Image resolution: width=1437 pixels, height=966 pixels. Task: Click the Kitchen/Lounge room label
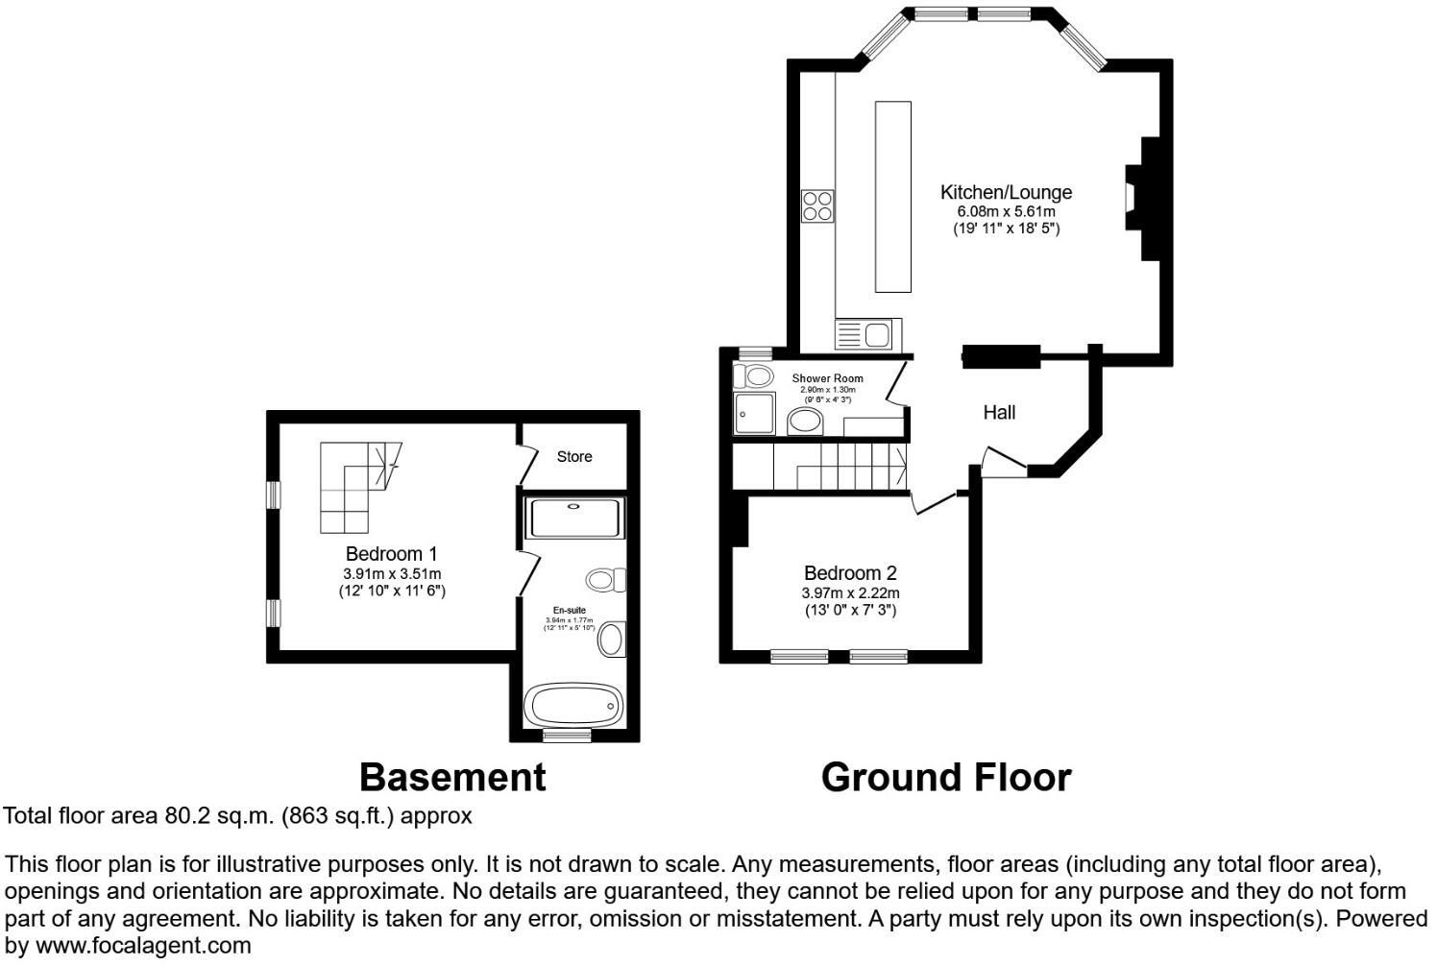pyautogui.click(x=1005, y=192)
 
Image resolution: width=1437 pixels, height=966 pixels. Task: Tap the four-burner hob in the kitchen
pyautogui.click(x=817, y=205)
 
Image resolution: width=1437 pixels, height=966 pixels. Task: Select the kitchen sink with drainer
pyautogui.click(x=867, y=335)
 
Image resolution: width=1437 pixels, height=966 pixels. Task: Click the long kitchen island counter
pyautogui.click(x=892, y=196)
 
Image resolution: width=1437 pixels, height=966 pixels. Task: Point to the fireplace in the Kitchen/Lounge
pyautogui.click(x=1142, y=198)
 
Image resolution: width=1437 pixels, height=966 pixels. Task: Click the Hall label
pyautogui.click(x=999, y=413)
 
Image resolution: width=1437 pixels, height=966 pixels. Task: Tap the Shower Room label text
pyautogui.click(x=827, y=378)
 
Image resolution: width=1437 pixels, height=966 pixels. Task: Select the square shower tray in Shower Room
pyautogui.click(x=753, y=414)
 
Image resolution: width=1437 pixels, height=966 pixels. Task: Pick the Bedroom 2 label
pyautogui.click(x=850, y=573)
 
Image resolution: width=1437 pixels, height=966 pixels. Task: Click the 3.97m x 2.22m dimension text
pyautogui.click(x=850, y=593)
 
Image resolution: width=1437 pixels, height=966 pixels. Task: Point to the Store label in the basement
pyautogui.click(x=574, y=457)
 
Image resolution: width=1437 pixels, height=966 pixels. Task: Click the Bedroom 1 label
pyautogui.click(x=391, y=554)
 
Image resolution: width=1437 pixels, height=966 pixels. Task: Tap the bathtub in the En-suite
pyautogui.click(x=573, y=706)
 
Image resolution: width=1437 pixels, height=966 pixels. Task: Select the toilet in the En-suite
pyautogui.click(x=605, y=580)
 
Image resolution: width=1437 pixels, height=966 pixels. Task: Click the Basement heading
pyautogui.click(x=452, y=777)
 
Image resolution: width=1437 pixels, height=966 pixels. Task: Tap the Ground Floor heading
pyautogui.click(x=945, y=777)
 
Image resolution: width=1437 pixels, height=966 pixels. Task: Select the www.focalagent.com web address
pyautogui.click(x=143, y=945)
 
